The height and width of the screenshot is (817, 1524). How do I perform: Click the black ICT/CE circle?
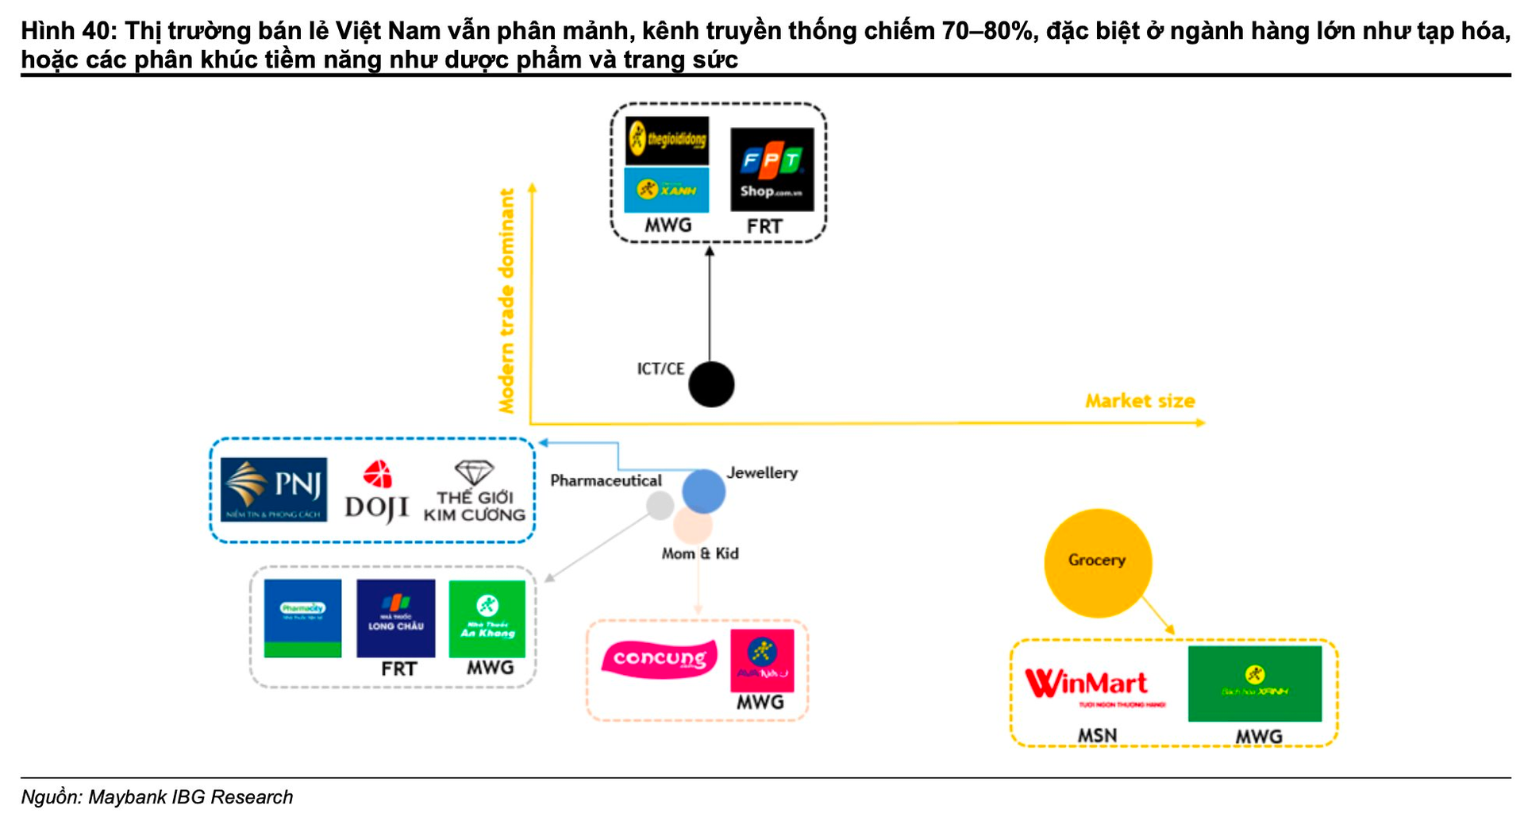pos(711,384)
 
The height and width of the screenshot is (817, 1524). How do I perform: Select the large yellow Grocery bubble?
pos(1097,563)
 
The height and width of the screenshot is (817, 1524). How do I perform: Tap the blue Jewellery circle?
pos(704,491)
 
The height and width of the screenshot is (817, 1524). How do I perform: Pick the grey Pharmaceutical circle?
pos(660,505)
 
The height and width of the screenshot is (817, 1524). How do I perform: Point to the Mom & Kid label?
pos(700,553)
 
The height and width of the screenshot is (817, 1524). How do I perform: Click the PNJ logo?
pos(274,489)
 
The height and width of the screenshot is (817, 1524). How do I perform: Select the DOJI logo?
pos(377,492)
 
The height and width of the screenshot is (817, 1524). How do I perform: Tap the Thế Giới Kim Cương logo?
pos(475,492)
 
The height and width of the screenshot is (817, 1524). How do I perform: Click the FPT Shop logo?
pos(772,169)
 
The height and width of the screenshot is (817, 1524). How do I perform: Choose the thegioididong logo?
pos(667,141)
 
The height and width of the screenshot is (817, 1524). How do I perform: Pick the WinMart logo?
pos(1087,684)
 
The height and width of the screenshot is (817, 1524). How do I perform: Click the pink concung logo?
pos(660,659)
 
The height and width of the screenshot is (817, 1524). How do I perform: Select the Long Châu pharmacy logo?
pos(395,618)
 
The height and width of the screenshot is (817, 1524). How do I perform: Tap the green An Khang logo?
pos(487,619)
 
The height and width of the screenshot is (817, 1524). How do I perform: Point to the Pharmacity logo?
pos(302,618)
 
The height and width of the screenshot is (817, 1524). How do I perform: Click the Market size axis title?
pos(1140,401)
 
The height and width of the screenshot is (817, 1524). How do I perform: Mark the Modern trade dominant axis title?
pos(506,301)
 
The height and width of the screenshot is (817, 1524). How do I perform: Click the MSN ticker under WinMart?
pos(1097,736)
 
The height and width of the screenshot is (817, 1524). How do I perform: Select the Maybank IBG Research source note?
pos(157,797)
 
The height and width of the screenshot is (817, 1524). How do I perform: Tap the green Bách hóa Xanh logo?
pos(1254,684)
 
